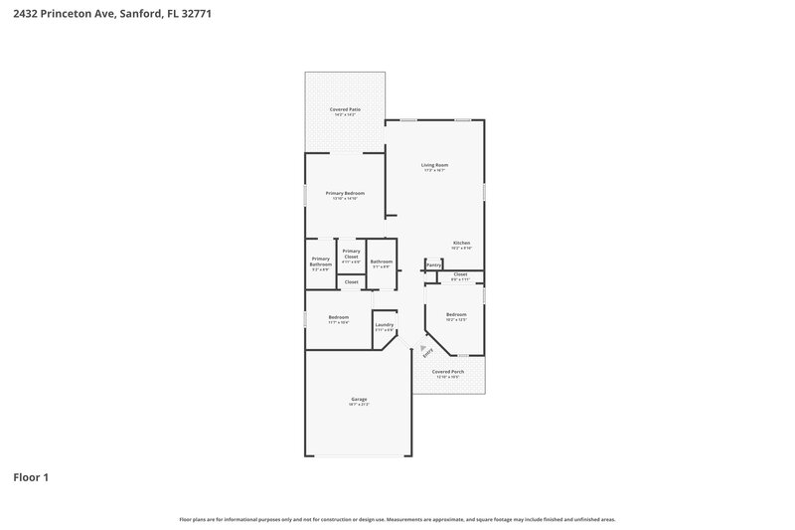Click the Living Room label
click(434, 165)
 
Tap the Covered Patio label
click(345, 109)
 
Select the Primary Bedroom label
click(345, 193)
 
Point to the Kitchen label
click(461, 244)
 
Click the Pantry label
click(433, 265)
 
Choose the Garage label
click(359, 400)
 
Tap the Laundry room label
click(385, 325)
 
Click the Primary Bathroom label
click(320, 262)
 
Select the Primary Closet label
click(351, 254)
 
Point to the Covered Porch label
click(448, 372)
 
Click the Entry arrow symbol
click(421, 347)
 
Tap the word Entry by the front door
click(428, 353)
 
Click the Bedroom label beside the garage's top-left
click(339, 318)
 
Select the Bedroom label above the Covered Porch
click(456, 315)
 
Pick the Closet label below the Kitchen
click(460, 274)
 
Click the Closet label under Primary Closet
click(351, 282)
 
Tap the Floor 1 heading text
click(31, 477)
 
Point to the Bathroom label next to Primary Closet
click(382, 262)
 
